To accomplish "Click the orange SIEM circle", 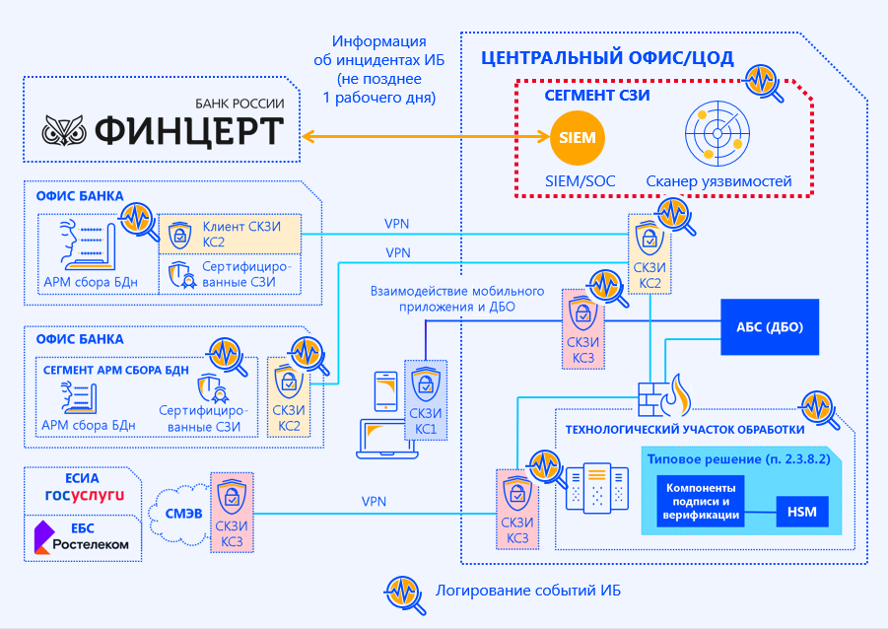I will click(577, 139).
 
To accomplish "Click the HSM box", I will click(801, 513).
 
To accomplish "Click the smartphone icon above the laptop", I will click(385, 391).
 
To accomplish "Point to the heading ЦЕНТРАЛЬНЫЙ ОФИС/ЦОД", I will click(607, 58).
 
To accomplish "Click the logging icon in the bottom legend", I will click(402, 590).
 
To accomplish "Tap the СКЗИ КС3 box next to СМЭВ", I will click(232, 512).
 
